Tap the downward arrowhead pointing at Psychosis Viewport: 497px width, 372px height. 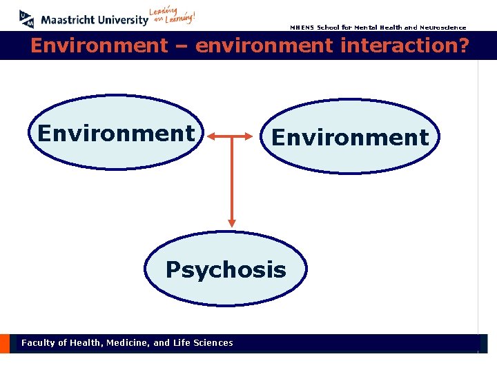pos(232,222)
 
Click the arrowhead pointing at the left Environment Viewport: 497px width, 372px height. pos(211,136)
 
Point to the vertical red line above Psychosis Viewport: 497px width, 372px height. pos(232,179)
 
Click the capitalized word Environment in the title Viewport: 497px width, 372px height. pos(99,46)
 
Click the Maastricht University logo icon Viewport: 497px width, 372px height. pos(27,19)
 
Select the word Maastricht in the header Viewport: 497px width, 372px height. pos(69,20)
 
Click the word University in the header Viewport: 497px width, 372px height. pos(123,20)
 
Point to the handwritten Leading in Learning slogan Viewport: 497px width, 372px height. pos(173,16)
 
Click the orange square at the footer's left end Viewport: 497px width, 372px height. pos(5,343)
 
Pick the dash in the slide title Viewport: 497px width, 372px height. pos(181,47)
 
